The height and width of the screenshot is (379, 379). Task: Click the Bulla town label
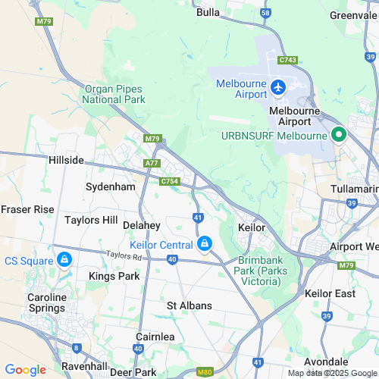[x=208, y=12]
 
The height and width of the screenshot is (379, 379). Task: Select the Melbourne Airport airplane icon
[x=279, y=89]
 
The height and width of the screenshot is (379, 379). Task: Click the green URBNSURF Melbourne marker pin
[x=339, y=136]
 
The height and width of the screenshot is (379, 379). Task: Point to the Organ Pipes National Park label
[x=114, y=93]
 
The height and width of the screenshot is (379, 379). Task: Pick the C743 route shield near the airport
[x=287, y=60]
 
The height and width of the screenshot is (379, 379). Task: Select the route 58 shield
[x=265, y=14]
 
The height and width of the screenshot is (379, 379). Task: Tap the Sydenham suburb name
[x=110, y=186]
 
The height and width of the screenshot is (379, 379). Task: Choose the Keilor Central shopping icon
[x=204, y=243]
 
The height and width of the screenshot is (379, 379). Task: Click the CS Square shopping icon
[x=64, y=260]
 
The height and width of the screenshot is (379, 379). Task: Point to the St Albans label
[x=189, y=305]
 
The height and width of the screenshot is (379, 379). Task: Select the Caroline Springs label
[x=47, y=303]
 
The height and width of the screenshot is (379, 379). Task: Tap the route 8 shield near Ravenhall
[x=77, y=348]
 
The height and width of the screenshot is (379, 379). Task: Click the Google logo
[x=25, y=369]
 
